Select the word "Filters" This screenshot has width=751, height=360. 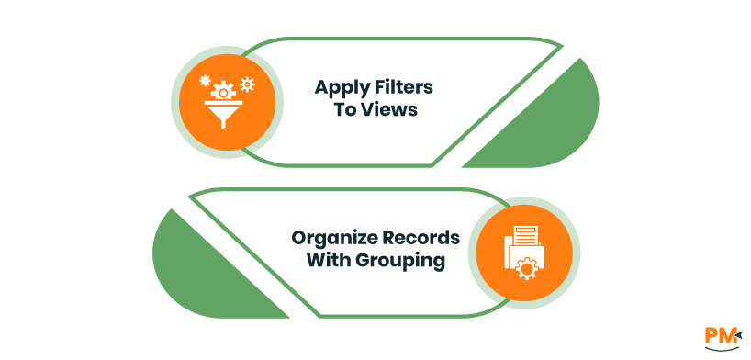[404, 89]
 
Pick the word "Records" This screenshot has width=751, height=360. [420, 239]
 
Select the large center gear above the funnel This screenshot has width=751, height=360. [221, 90]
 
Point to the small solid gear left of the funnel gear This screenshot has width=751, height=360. [205, 81]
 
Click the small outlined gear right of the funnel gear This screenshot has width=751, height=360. [246, 84]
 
